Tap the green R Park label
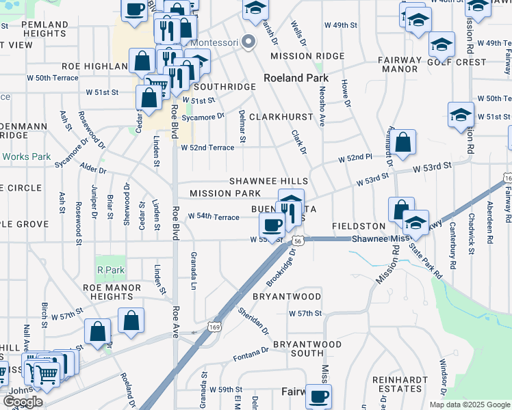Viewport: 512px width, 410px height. point(111,270)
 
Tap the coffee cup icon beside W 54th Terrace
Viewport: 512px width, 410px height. point(272,225)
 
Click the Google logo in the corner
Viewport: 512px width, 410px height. point(23,402)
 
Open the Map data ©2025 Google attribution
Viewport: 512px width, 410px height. point(469,405)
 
